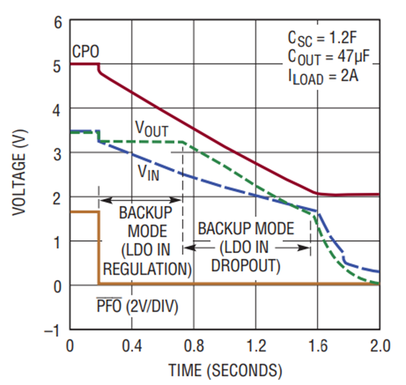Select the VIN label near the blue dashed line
148,173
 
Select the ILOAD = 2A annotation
323,76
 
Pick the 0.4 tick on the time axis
131,347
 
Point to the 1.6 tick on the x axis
317,347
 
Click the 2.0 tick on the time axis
379,347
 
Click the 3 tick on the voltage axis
58,153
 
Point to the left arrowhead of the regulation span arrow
102,199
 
